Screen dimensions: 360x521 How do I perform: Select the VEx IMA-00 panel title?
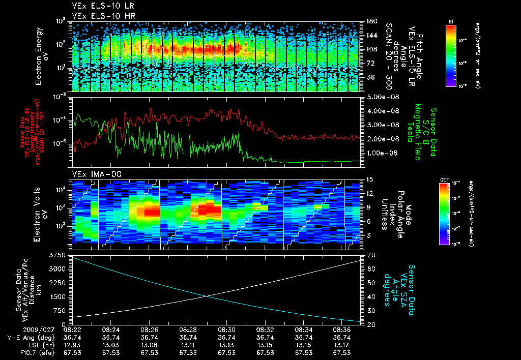[92, 174]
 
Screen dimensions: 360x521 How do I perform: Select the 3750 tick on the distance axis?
[59, 254]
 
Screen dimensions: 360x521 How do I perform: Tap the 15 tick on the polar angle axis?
[369, 179]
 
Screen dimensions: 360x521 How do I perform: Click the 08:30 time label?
[226, 330]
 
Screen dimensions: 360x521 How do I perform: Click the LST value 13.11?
[188, 344]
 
